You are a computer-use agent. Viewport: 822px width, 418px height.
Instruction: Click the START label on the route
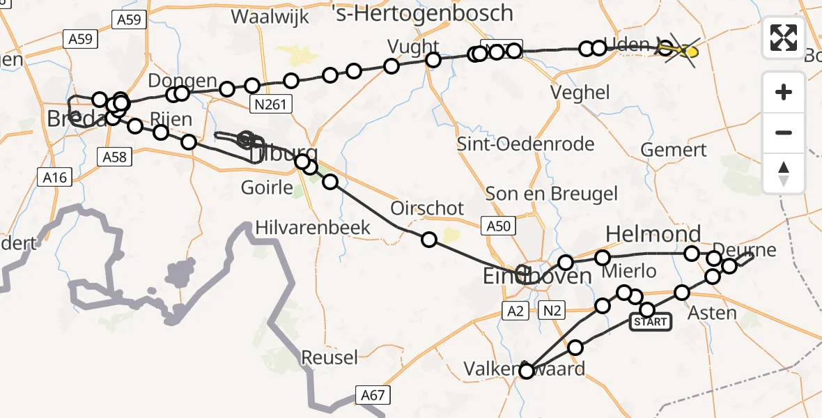(x=651, y=322)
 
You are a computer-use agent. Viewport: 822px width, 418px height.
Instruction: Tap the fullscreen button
(x=784, y=38)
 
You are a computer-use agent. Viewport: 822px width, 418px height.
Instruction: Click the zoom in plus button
(x=784, y=92)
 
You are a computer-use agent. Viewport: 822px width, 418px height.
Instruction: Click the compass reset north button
(x=784, y=173)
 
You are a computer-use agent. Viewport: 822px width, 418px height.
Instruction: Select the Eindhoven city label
(x=537, y=276)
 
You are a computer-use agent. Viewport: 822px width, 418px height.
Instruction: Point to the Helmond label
(x=653, y=233)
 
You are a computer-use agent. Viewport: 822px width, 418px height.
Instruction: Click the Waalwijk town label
(x=270, y=17)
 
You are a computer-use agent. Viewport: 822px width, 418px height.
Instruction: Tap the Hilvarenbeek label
(x=313, y=227)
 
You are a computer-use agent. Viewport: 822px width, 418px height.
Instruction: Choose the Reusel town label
(x=329, y=358)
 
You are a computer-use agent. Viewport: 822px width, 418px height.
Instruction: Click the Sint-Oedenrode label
(x=525, y=144)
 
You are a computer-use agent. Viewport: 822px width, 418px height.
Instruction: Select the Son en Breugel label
(x=552, y=193)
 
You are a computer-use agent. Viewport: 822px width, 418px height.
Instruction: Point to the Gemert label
(x=674, y=150)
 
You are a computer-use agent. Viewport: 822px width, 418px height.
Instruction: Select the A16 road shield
(x=54, y=178)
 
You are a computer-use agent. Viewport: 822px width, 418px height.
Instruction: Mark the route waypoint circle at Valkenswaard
(x=527, y=371)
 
